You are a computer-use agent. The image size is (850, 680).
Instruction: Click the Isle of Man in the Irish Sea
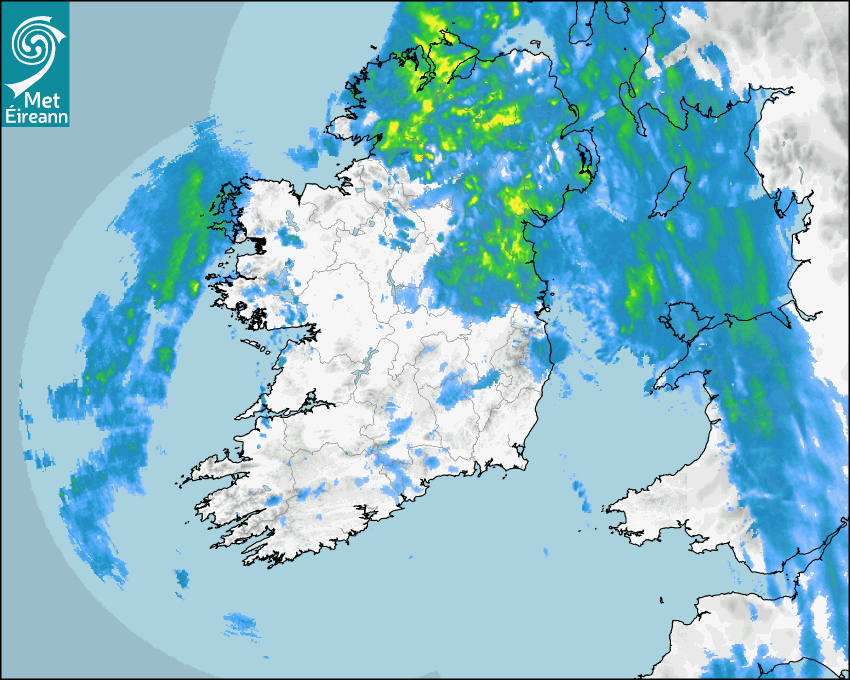coord(673,191)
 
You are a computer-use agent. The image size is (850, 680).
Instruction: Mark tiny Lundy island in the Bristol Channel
coord(662,599)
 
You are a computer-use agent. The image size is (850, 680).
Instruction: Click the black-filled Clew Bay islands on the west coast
coord(258,242)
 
